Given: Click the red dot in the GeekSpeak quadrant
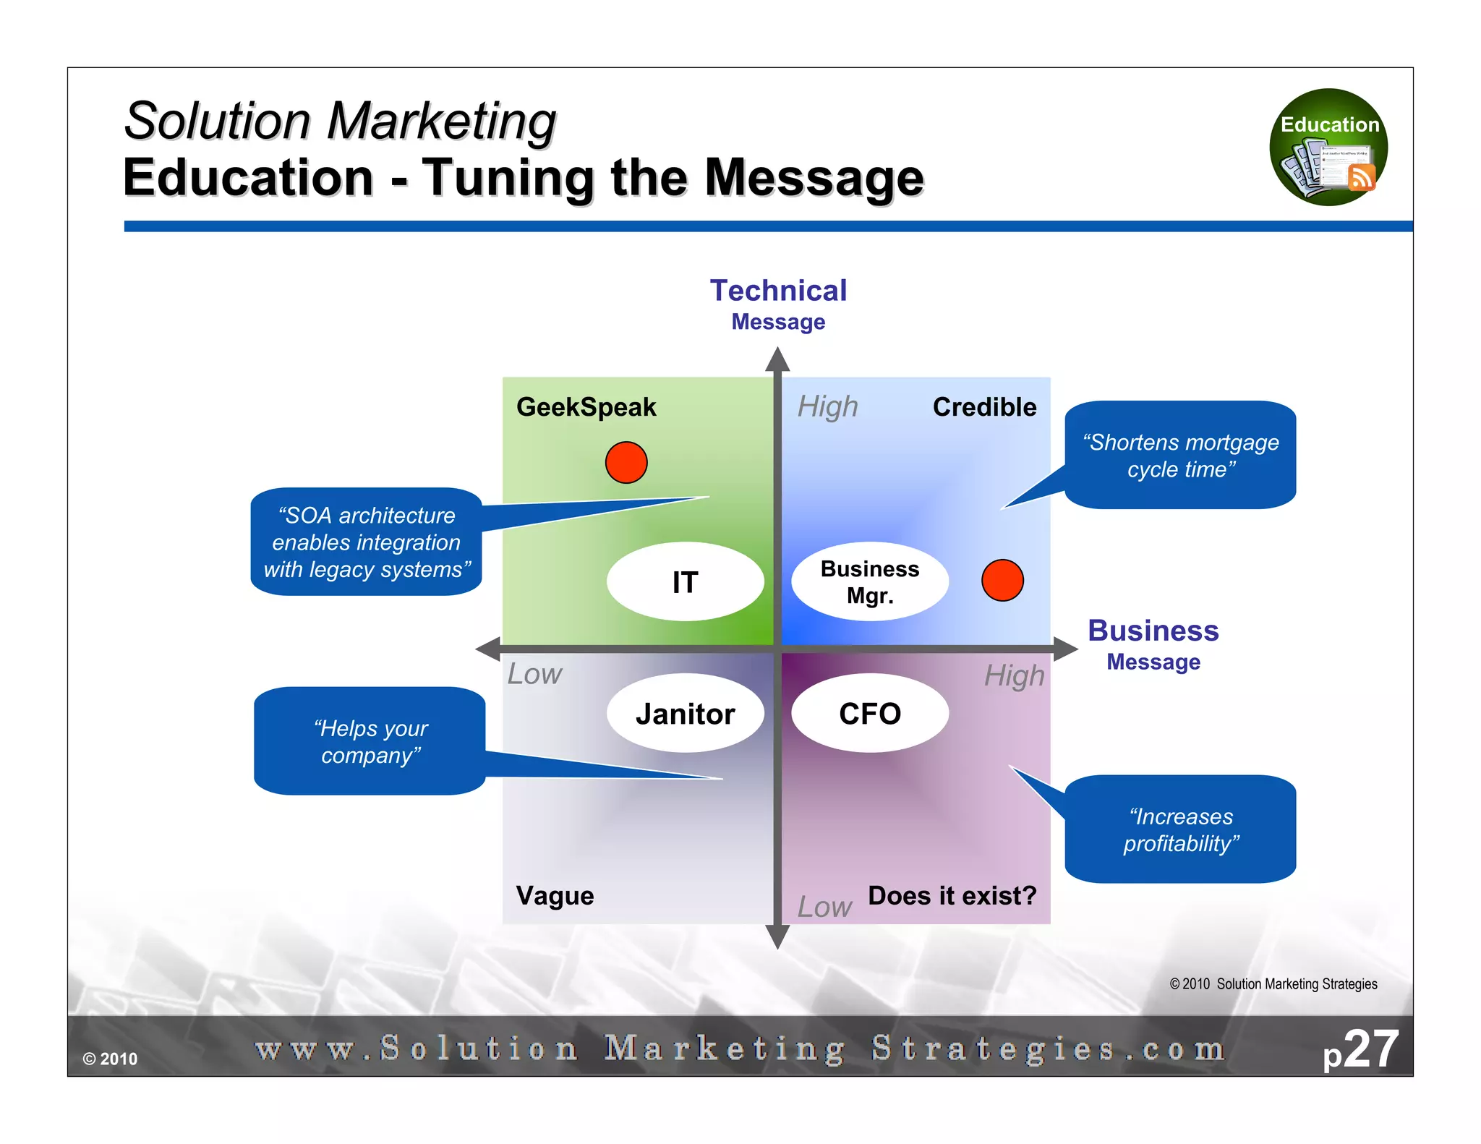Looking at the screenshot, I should point(626,463).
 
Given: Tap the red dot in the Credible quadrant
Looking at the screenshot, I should point(1002,580).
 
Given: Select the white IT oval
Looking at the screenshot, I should point(685,581).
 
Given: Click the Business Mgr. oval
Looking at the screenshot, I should point(869,581).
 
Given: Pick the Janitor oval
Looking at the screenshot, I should point(685,714).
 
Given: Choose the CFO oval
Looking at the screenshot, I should point(869,714).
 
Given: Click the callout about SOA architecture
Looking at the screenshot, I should point(366,542).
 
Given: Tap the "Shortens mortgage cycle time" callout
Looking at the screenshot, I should point(1180,456).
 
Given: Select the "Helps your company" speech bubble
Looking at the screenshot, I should point(370,741).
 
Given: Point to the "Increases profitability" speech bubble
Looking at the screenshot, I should point(1180,829).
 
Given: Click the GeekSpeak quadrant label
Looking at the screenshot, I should point(586,407).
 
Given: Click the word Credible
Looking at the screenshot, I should point(984,407).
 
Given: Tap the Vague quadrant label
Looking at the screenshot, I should point(555,896).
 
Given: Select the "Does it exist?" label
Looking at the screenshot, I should point(952,896).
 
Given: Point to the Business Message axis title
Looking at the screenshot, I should point(1153,644).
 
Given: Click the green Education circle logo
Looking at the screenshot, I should point(1328,148).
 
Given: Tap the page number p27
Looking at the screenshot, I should point(1360,1049).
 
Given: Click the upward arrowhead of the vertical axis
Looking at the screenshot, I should point(777,359).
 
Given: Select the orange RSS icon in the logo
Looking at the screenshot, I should point(1362,177).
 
